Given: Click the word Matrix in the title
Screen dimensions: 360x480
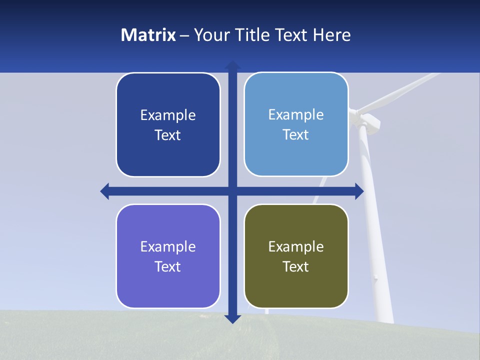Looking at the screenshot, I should tap(148, 35).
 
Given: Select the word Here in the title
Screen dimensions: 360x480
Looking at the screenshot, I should tap(331, 35).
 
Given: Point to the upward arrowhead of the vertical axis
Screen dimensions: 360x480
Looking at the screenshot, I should tap(232, 65).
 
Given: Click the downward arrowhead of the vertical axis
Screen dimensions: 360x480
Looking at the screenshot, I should tap(232, 318).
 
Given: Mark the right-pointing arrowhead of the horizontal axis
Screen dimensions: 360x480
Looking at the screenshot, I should tap(359, 191).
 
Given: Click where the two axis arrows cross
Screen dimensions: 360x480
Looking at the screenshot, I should tap(232, 191).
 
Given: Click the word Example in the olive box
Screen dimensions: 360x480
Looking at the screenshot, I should tap(296, 246).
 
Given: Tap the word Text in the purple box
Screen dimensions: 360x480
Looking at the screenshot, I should tap(168, 266).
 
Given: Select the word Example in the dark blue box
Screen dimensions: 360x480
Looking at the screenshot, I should tap(168, 115).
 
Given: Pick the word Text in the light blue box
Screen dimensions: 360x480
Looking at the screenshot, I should tap(296, 134).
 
